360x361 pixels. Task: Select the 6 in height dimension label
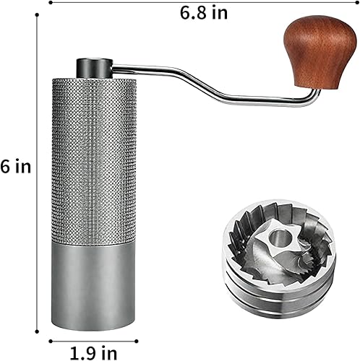[x=16, y=168]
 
